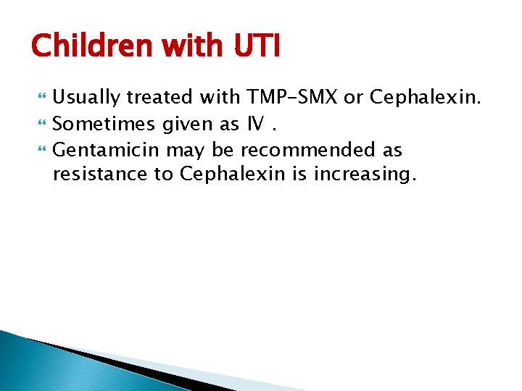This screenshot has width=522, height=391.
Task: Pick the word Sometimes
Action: point(104,124)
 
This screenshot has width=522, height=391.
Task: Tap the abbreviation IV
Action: point(254,124)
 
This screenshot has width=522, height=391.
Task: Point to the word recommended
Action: point(312,151)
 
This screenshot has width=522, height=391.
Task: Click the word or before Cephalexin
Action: point(352,97)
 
